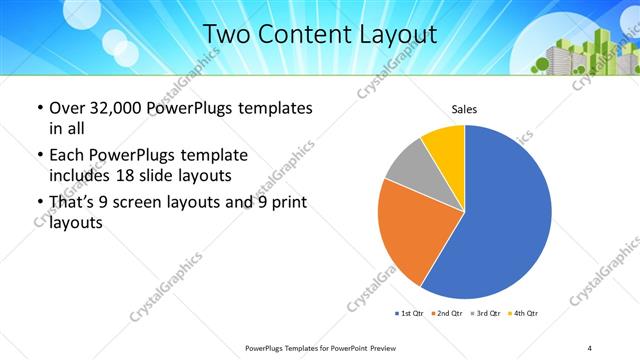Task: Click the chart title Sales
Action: (x=463, y=108)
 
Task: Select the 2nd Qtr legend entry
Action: (x=447, y=313)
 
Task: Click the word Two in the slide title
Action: (x=226, y=35)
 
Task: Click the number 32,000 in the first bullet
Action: (x=115, y=107)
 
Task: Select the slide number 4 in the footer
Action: (x=590, y=347)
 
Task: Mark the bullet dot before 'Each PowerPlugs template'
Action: (x=39, y=156)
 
